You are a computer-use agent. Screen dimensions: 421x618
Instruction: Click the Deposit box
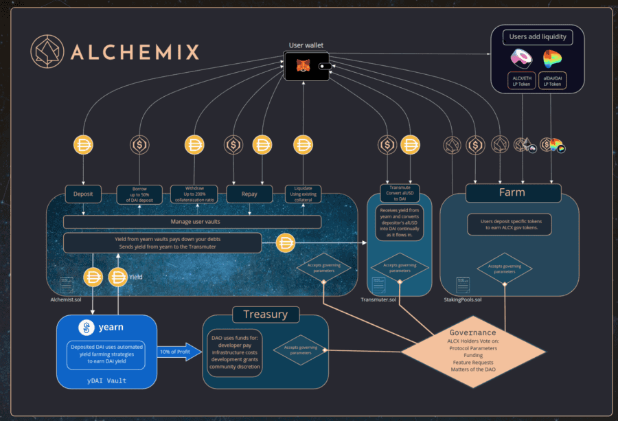click(83, 194)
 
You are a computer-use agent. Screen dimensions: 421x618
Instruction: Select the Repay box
click(249, 194)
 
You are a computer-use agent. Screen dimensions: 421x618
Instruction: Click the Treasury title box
click(265, 315)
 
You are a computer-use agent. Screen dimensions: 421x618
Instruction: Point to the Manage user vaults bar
click(192, 222)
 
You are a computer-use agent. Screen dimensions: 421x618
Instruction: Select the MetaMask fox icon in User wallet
click(302, 66)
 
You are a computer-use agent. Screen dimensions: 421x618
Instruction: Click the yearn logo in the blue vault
click(86, 327)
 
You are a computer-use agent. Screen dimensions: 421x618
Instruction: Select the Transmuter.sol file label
click(380, 300)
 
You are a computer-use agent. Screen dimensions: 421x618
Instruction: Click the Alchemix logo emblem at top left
click(46, 52)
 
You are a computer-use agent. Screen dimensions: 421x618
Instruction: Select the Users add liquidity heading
click(538, 36)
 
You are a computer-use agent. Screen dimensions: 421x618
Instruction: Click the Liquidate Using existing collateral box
click(303, 194)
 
